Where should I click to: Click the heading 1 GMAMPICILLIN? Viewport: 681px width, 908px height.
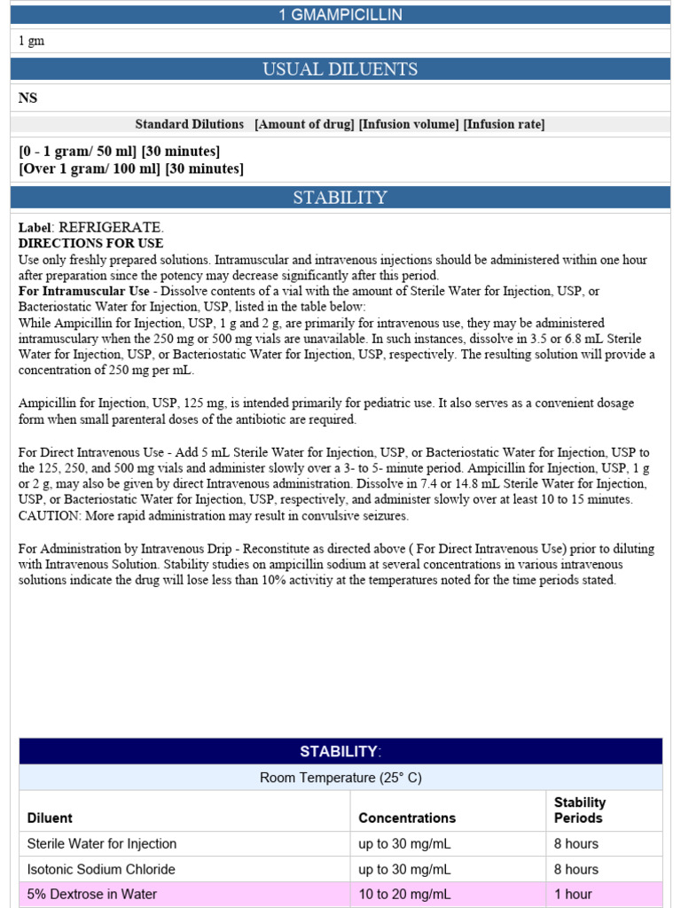[340, 15]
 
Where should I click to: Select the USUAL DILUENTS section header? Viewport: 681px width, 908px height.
[340, 69]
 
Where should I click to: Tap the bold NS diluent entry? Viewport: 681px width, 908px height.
[28, 98]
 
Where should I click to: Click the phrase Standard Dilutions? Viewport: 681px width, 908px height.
[189, 124]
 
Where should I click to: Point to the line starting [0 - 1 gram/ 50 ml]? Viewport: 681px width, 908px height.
[119, 151]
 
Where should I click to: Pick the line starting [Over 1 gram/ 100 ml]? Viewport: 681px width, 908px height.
[130, 168]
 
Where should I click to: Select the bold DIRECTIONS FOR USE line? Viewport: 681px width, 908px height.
[90, 243]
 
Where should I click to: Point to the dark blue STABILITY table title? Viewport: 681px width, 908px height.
[340, 752]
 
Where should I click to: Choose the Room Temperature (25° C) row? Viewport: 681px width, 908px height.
[340, 778]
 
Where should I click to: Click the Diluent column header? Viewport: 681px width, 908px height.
[50, 818]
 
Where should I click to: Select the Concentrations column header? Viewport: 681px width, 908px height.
[407, 818]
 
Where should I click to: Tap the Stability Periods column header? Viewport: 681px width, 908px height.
[580, 810]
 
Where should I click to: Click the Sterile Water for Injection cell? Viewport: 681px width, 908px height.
[102, 843]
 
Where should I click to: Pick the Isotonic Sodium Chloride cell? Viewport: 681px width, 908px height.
[101, 869]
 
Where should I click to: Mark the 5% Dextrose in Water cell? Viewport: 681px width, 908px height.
[92, 894]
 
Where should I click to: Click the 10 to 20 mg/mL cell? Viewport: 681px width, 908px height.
[404, 894]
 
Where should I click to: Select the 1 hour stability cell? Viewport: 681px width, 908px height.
[573, 894]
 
